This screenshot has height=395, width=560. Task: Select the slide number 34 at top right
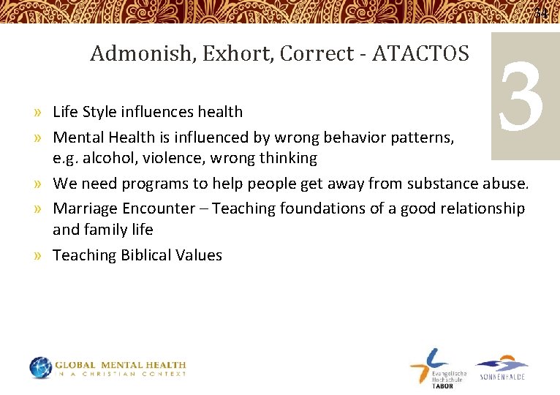[541, 13]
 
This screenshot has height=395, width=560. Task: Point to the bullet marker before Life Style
[37, 113]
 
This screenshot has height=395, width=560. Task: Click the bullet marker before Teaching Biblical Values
[37, 256]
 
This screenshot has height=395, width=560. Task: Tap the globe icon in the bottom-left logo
[41, 368]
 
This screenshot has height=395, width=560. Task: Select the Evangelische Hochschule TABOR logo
[436, 368]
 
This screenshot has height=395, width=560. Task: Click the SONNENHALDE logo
[502, 368]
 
